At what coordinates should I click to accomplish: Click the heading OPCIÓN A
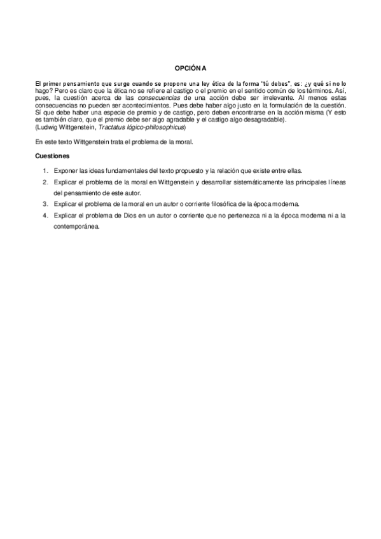191,67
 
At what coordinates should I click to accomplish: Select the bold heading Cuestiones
52,156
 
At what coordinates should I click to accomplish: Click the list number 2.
45,182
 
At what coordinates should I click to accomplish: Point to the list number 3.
45,204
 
